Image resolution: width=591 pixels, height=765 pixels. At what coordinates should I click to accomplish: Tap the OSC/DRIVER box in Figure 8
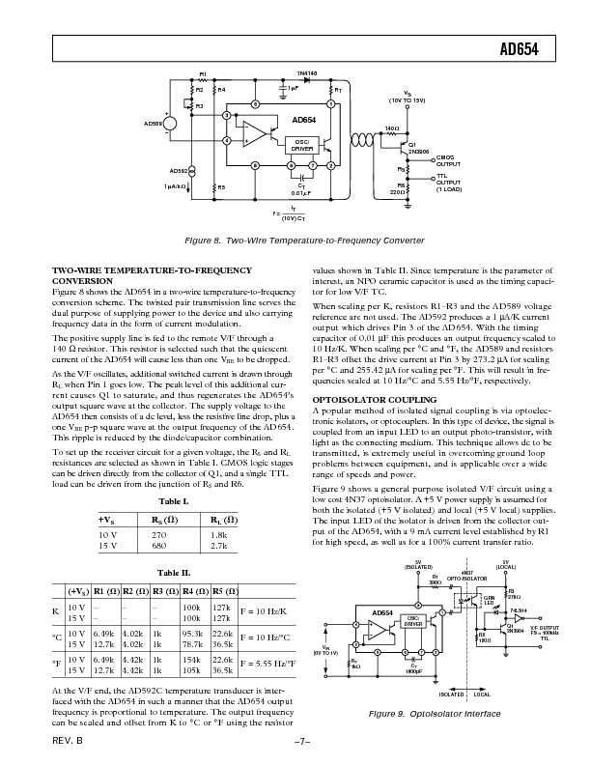click(x=302, y=146)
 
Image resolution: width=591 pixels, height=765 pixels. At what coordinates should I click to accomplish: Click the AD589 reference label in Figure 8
click(x=154, y=124)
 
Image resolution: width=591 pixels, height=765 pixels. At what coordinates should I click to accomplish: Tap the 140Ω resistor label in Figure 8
click(x=392, y=127)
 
